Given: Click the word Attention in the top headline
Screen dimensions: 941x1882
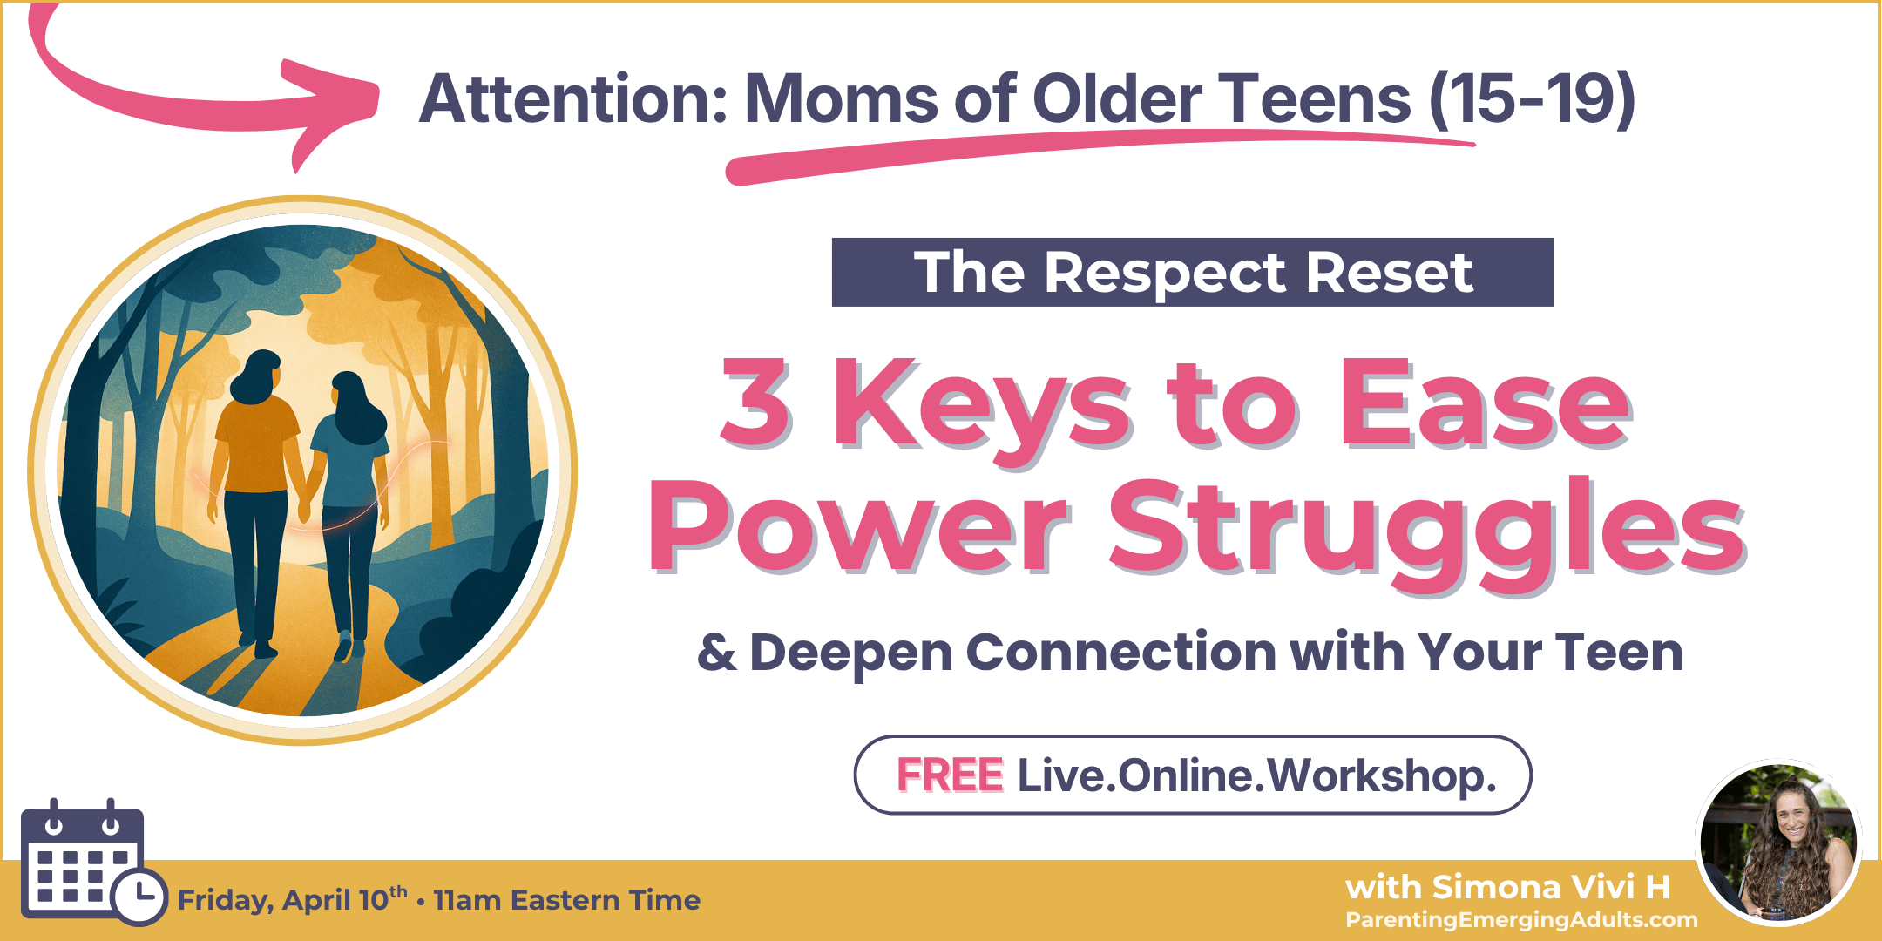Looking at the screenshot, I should (x=572, y=98).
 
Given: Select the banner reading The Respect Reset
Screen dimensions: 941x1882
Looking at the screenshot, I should (x=1192, y=272).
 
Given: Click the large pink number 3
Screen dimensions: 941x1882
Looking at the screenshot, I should (x=755, y=404).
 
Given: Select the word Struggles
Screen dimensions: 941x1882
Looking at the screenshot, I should (x=1425, y=531).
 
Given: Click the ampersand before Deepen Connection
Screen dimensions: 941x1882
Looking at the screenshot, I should (x=716, y=653).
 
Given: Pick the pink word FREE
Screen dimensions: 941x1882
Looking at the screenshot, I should (x=950, y=775).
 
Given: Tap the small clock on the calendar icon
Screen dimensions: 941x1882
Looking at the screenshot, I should (x=140, y=896).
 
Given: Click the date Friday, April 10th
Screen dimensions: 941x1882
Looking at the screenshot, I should (x=293, y=899).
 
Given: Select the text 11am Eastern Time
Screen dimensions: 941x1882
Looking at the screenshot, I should (x=566, y=899).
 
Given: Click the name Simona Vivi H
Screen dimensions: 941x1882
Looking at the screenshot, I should (x=1507, y=887).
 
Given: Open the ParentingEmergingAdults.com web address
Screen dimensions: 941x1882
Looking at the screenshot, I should (x=1521, y=919).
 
